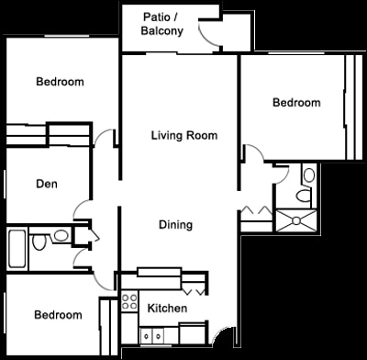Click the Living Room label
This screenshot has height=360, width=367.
pyautogui.click(x=184, y=135)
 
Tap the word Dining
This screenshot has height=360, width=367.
pyautogui.click(x=175, y=224)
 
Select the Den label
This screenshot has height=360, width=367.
pyautogui.click(x=47, y=184)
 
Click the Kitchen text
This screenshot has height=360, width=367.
pyautogui.click(x=168, y=309)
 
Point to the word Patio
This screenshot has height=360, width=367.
pyautogui.click(x=159, y=17)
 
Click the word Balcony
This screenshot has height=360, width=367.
pyautogui.click(x=161, y=30)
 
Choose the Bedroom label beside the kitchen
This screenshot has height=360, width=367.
pyautogui.click(x=58, y=315)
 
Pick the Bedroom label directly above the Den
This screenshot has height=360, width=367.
pyautogui.click(x=60, y=82)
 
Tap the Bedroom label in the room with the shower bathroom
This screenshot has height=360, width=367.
pyautogui.click(x=296, y=103)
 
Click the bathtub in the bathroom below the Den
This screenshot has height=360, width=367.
pyautogui.click(x=17, y=248)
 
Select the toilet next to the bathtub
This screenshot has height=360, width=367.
pyautogui.click(x=39, y=243)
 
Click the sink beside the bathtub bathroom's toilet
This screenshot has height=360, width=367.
pyautogui.click(x=61, y=236)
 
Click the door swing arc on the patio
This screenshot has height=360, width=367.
pyautogui.click(x=209, y=34)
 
